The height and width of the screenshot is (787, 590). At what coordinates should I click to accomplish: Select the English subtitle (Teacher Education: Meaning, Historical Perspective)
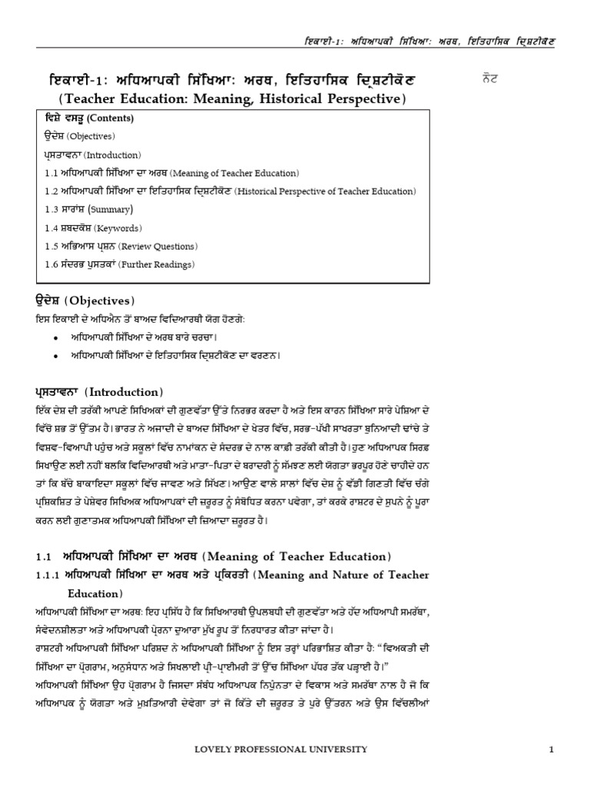coord(241,99)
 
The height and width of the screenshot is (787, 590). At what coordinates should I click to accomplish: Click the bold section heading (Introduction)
coord(99,392)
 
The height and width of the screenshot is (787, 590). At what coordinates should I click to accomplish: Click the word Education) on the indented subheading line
coord(94,593)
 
